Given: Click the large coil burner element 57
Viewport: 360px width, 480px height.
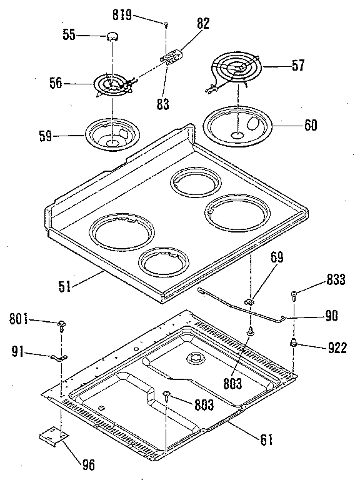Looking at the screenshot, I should coord(236,69).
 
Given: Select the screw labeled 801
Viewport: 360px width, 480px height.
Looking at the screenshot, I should coord(62,324).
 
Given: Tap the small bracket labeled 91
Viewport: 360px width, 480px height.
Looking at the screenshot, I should coord(58,357).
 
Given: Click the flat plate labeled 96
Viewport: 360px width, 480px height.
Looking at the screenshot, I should coord(52,435).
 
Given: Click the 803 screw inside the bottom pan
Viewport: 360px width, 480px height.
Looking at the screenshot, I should coord(167,394).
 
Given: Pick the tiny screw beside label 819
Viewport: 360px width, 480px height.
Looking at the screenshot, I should coord(166,24).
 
